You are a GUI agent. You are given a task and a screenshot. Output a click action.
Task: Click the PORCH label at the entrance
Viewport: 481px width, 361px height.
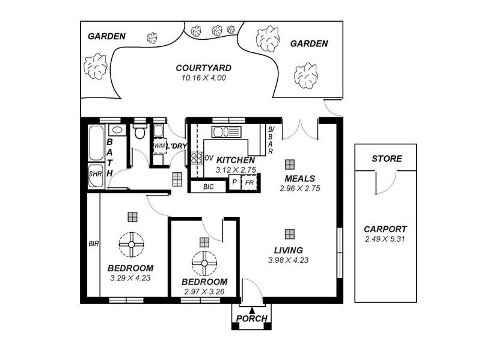coord(251,318)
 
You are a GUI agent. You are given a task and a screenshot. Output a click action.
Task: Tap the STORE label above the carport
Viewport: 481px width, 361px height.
coord(387,159)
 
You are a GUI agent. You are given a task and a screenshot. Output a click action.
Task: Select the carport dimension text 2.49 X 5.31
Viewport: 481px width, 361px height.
coord(385,239)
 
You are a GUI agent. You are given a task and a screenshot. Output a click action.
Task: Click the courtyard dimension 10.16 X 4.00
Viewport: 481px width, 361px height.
coord(203,78)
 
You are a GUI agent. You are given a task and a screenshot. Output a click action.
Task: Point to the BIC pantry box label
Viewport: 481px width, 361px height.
coord(208,187)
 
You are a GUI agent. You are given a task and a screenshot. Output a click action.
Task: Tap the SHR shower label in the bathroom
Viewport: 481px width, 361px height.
coord(95,173)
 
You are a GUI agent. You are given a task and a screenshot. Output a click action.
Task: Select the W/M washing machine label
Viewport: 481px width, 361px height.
coord(159,146)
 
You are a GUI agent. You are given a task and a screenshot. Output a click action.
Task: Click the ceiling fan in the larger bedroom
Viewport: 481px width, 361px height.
coord(131,244)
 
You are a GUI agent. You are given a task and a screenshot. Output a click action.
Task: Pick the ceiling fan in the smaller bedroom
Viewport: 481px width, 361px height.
coord(204,262)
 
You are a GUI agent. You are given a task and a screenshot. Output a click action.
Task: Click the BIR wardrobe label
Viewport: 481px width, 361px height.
coord(93,244)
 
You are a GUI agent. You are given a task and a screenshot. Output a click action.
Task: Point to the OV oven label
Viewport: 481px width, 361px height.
coord(209,158)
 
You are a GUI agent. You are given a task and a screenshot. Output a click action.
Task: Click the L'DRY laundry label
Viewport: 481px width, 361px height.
coord(176,146)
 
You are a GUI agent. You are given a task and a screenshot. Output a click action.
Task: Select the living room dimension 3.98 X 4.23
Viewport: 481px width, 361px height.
coord(288,260)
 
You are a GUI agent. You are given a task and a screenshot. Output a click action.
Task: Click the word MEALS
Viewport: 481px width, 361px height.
coord(300,178)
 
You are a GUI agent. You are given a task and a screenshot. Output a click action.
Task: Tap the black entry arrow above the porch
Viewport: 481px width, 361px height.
coord(251,309)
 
